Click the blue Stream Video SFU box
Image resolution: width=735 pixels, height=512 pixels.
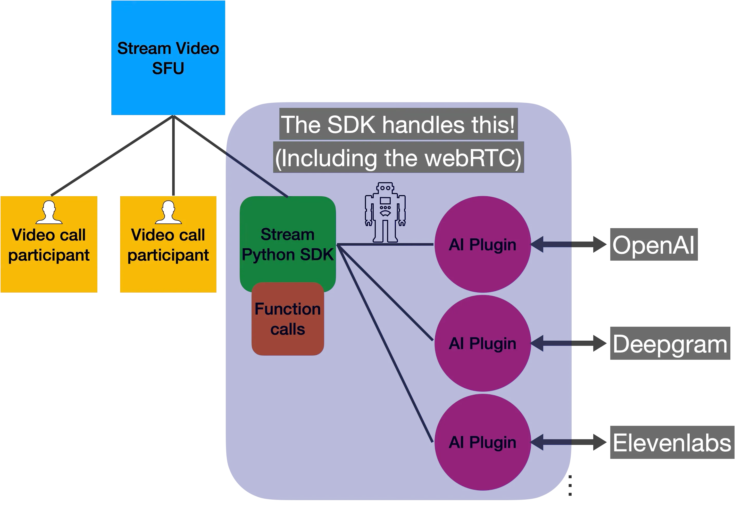[168, 58]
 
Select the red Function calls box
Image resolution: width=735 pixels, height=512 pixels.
[287, 319]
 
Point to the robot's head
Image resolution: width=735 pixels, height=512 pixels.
[385, 188]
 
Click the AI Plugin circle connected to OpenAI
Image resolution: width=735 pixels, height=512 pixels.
[482, 244]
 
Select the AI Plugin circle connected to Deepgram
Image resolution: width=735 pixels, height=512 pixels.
[482, 343]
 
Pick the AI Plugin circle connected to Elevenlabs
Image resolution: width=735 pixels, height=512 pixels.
[482, 442]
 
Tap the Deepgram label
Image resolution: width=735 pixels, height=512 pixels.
[670, 344]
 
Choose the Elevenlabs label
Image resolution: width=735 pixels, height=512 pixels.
[672, 443]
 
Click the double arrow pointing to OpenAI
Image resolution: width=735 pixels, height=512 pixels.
[569, 244]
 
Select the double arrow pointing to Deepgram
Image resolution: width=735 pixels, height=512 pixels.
[569, 343]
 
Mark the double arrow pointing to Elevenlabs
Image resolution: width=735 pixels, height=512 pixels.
[569, 442]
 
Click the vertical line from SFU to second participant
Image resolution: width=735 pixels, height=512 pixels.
[173, 157]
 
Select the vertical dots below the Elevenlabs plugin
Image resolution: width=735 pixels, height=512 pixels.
[570, 486]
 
